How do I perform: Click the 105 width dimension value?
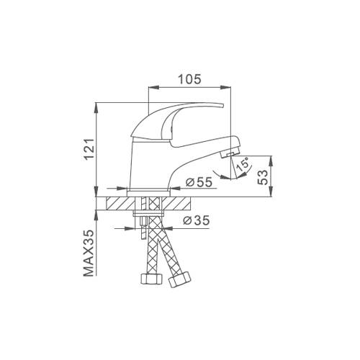pyautogui.click(x=189, y=79)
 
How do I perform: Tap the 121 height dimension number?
pyautogui.click(x=89, y=149)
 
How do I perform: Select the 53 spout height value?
pyautogui.click(x=263, y=177)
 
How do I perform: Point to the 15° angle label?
pyautogui.click(x=243, y=165)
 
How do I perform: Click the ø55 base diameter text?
pyautogui.click(x=199, y=182)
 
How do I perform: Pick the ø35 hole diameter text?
pyautogui.click(x=197, y=220)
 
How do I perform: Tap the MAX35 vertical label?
pyautogui.click(x=89, y=253)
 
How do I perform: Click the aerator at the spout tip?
pyautogui.click(x=230, y=153)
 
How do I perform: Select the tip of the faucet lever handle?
pyautogui.click(x=222, y=105)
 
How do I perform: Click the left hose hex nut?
pyautogui.click(x=151, y=279)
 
